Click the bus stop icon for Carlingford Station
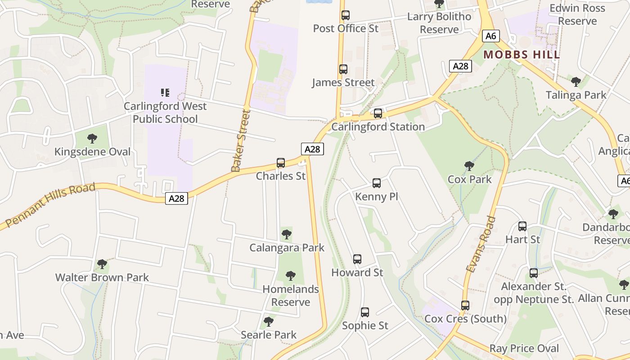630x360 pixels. tap(378, 113)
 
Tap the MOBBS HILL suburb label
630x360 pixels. tap(522, 55)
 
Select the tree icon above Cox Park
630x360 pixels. tap(469, 166)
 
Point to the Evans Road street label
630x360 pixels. tap(481, 244)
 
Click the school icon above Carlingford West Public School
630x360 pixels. tap(165, 93)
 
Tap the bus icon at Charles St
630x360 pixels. tap(281, 162)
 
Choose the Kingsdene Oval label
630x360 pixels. tap(92, 152)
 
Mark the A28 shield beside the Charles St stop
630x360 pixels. tap(312, 149)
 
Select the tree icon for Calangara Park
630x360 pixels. tap(286, 234)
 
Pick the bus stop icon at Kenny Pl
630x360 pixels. tap(377, 183)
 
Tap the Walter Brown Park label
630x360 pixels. tap(102, 277)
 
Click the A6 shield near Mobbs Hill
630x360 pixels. tap(490, 36)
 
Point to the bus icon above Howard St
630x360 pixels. tap(357, 259)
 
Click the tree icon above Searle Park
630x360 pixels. tap(269, 322)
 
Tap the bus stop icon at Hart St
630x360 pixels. tap(522, 226)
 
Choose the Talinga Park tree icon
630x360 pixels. tap(576, 82)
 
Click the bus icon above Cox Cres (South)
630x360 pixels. tap(465, 306)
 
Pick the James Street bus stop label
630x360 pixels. tap(343, 82)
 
